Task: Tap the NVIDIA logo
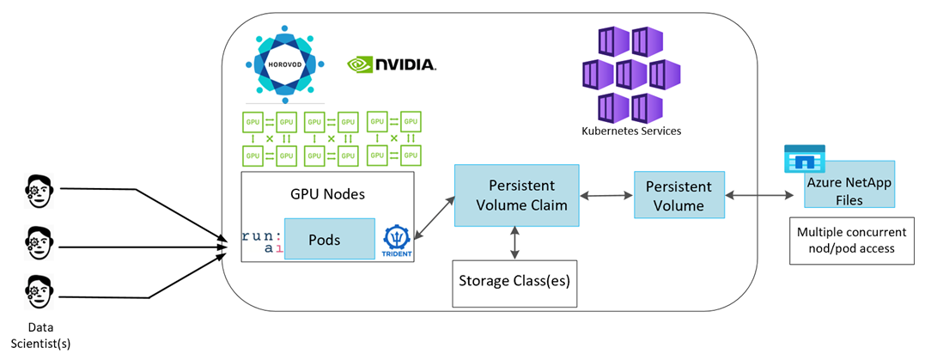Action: (x=392, y=64)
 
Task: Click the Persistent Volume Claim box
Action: (x=514, y=196)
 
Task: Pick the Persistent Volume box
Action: (x=679, y=196)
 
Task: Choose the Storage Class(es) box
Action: (x=514, y=281)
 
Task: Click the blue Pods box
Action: (x=329, y=239)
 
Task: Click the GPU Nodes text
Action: (x=327, y=194)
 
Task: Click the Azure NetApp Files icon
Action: (x=804, y=160)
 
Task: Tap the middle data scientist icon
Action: (x=37, y=241)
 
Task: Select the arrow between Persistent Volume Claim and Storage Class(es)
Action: (x=514, y=242)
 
